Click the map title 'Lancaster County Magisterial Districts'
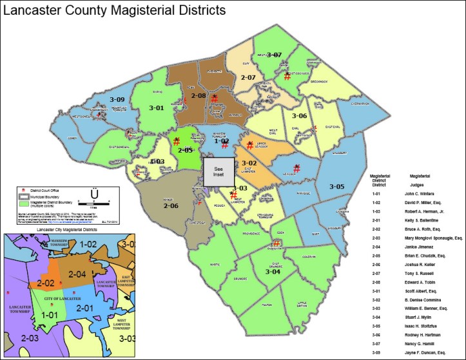tap(115, 10)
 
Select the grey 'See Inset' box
tap(217, 172)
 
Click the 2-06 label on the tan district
tap(171, 205)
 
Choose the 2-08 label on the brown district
tap(198, 97)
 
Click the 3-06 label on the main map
tap(298, 116)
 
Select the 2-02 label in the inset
tap(45, 283)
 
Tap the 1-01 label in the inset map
tap(48, 316)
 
